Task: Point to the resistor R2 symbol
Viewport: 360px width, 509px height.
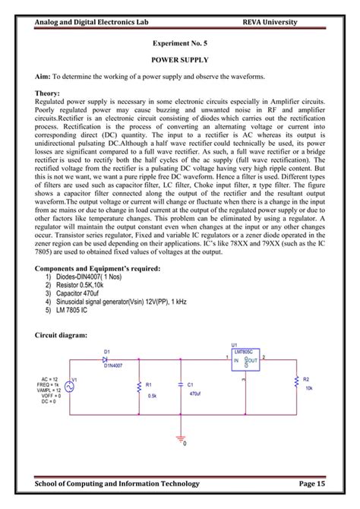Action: [x=295, y=382]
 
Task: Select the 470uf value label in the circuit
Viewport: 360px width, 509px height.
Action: [x=194, y=394]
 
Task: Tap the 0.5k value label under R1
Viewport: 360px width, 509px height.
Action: [x=152, y=396]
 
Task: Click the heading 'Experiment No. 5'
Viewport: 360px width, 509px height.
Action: [x=180, y=46]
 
